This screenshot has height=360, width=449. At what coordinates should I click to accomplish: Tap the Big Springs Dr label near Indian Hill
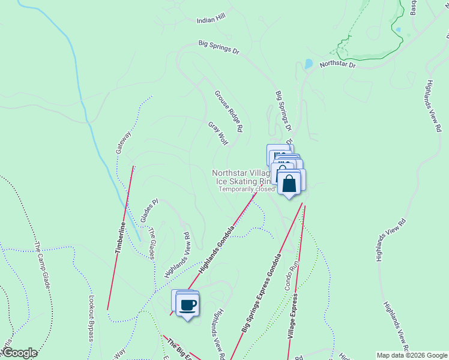click(x=219, y=47)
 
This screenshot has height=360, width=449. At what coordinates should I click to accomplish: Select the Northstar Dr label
click(x=337, y=63)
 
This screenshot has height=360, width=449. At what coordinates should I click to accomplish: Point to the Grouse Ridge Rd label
click(x=229, y=111)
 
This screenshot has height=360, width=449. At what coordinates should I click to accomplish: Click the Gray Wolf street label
click(x=218, y=133)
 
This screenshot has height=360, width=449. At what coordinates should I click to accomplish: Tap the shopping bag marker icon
click(x=289, y=184)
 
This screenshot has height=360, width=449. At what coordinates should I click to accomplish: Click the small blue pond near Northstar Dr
click(x=309, y=63)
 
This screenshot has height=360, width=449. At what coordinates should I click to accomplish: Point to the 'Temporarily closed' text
click(x=246, y=189)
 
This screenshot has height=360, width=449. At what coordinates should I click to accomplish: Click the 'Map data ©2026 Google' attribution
click(x=412, y=355)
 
